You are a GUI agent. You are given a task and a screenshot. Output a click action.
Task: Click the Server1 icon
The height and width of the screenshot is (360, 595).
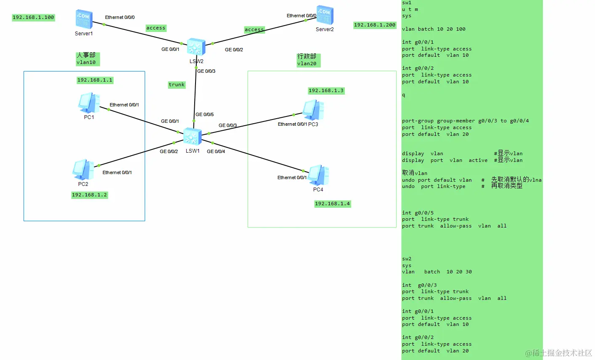tap(84, 19)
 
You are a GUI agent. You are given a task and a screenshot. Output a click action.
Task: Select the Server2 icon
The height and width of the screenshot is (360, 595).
tap(325, 16)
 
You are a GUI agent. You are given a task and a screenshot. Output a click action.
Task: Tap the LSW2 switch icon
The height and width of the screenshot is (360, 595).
tap(196, 47)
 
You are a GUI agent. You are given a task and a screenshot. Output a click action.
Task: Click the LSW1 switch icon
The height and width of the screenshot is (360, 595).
tap(193, 137)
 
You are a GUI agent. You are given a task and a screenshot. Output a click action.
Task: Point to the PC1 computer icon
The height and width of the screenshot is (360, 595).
tap(89, 103)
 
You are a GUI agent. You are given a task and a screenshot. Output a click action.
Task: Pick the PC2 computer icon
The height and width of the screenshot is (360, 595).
tap(83, 169)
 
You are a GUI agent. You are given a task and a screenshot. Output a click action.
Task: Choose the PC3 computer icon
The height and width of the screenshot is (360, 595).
tap(313, 110)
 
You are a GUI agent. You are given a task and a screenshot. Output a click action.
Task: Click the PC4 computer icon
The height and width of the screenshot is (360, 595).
tap(318, 175)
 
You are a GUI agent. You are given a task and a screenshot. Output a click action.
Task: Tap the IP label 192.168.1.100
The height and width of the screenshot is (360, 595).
tap(33, 17)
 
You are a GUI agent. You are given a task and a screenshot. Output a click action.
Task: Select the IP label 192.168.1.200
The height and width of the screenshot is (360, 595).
tap(375, 25)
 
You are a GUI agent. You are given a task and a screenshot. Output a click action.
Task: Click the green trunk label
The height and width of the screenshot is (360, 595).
tap(177, 85)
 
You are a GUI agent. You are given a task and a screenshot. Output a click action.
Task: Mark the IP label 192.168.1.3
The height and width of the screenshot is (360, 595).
tap(326, 90)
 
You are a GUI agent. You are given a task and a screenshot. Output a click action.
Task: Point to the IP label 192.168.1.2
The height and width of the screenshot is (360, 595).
tap(90, 195)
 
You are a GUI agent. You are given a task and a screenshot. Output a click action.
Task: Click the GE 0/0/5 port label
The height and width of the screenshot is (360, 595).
tap(204, 114)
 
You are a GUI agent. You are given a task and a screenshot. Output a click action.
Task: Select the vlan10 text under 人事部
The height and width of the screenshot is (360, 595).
tap(86, 62)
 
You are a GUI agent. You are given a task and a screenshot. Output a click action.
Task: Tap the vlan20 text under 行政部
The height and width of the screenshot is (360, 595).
tap(307, 64)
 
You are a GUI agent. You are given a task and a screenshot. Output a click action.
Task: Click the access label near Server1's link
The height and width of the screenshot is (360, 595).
tap(156, 28)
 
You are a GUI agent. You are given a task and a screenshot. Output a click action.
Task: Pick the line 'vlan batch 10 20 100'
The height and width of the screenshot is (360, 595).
tap(434, 29)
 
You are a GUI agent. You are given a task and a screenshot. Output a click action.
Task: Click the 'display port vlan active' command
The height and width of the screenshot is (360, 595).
tap(444, 160)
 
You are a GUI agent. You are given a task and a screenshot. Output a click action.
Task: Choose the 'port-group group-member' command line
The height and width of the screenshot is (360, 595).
tap(465, 121)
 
